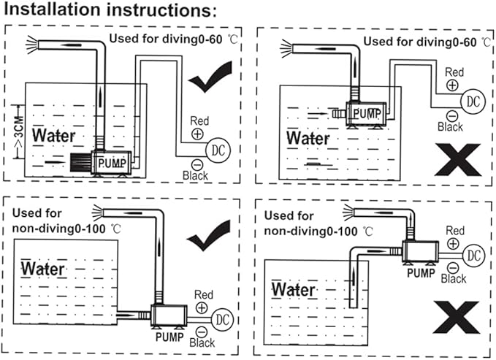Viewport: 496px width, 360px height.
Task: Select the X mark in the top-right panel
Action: [x=458, y=158]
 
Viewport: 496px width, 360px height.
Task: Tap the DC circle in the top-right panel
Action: [x=474, y=99]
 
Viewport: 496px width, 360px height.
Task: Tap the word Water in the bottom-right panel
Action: [x=294, y=290]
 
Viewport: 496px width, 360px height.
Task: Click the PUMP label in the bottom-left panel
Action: [x=169, y=337]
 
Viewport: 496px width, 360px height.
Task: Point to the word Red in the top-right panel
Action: [x=454, y=72]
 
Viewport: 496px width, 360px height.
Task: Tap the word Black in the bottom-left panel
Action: [x=202, y=342]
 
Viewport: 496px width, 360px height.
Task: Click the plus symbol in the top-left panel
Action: [x=197, y=134]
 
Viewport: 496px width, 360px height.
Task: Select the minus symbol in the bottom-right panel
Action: [x=453, y=267]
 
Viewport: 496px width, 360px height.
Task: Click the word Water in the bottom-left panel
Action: [x=42, y=268]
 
